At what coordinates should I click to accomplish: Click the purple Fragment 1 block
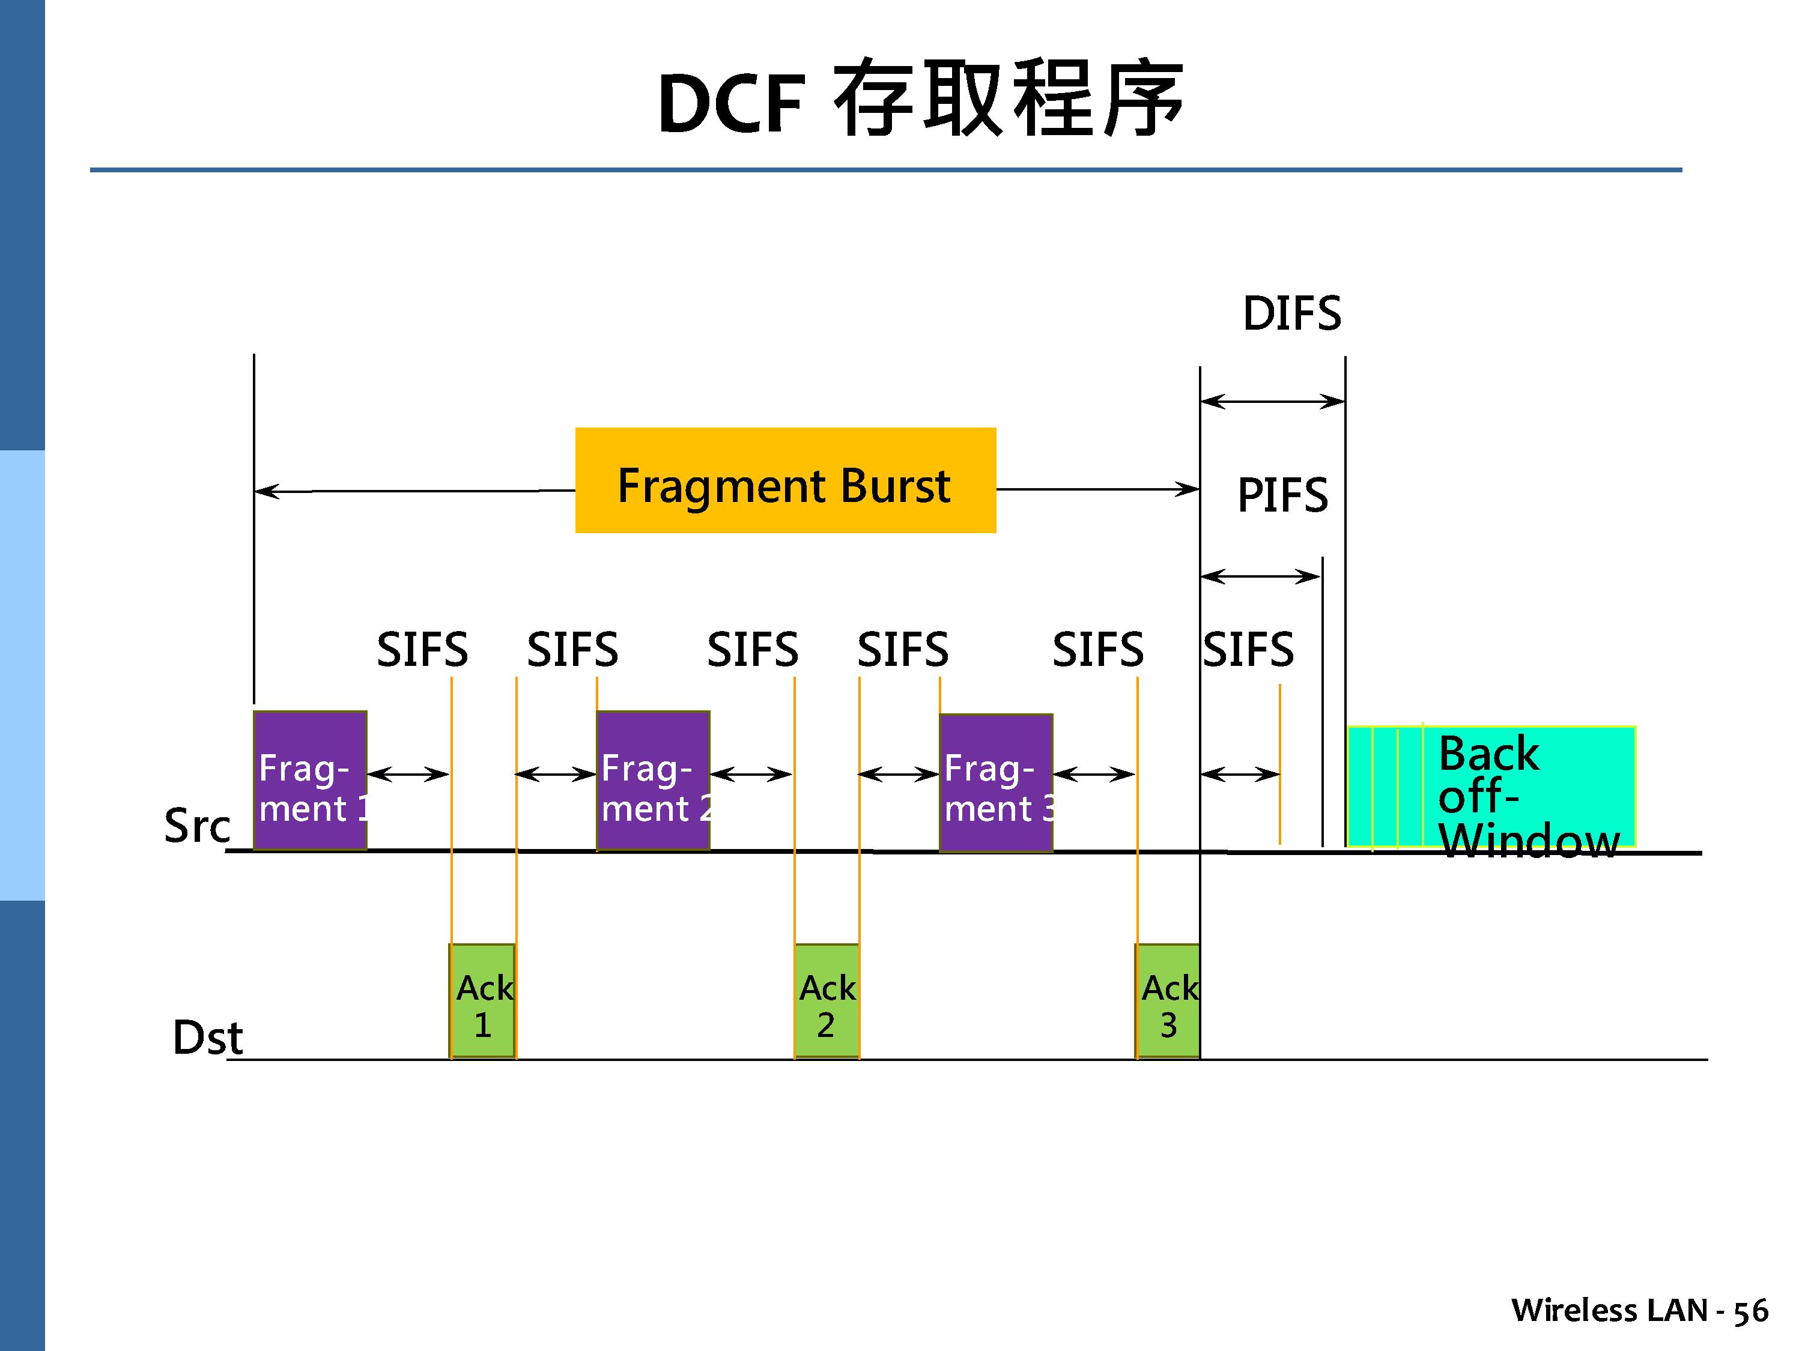click(x=309, y=780)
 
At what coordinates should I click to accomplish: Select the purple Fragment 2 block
click(x=652, y=780)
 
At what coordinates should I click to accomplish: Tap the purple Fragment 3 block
click(x=995, y=782)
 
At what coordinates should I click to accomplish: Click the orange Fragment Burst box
click(x=785, y=480)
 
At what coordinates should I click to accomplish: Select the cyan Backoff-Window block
click(x=1491, y=787)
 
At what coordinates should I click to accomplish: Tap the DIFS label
click(x=1291, y=313)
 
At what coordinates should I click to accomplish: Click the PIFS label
click(x=1282, y=495)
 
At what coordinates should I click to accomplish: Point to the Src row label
click(x=197, y=826)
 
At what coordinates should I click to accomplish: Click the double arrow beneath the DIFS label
click(x=1272, y=400)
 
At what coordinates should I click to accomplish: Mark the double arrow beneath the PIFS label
click(x=1260, y=576)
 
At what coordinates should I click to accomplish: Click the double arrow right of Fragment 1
click(x=408, y=773)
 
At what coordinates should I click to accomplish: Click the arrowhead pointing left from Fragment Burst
click(x=266, y=491)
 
